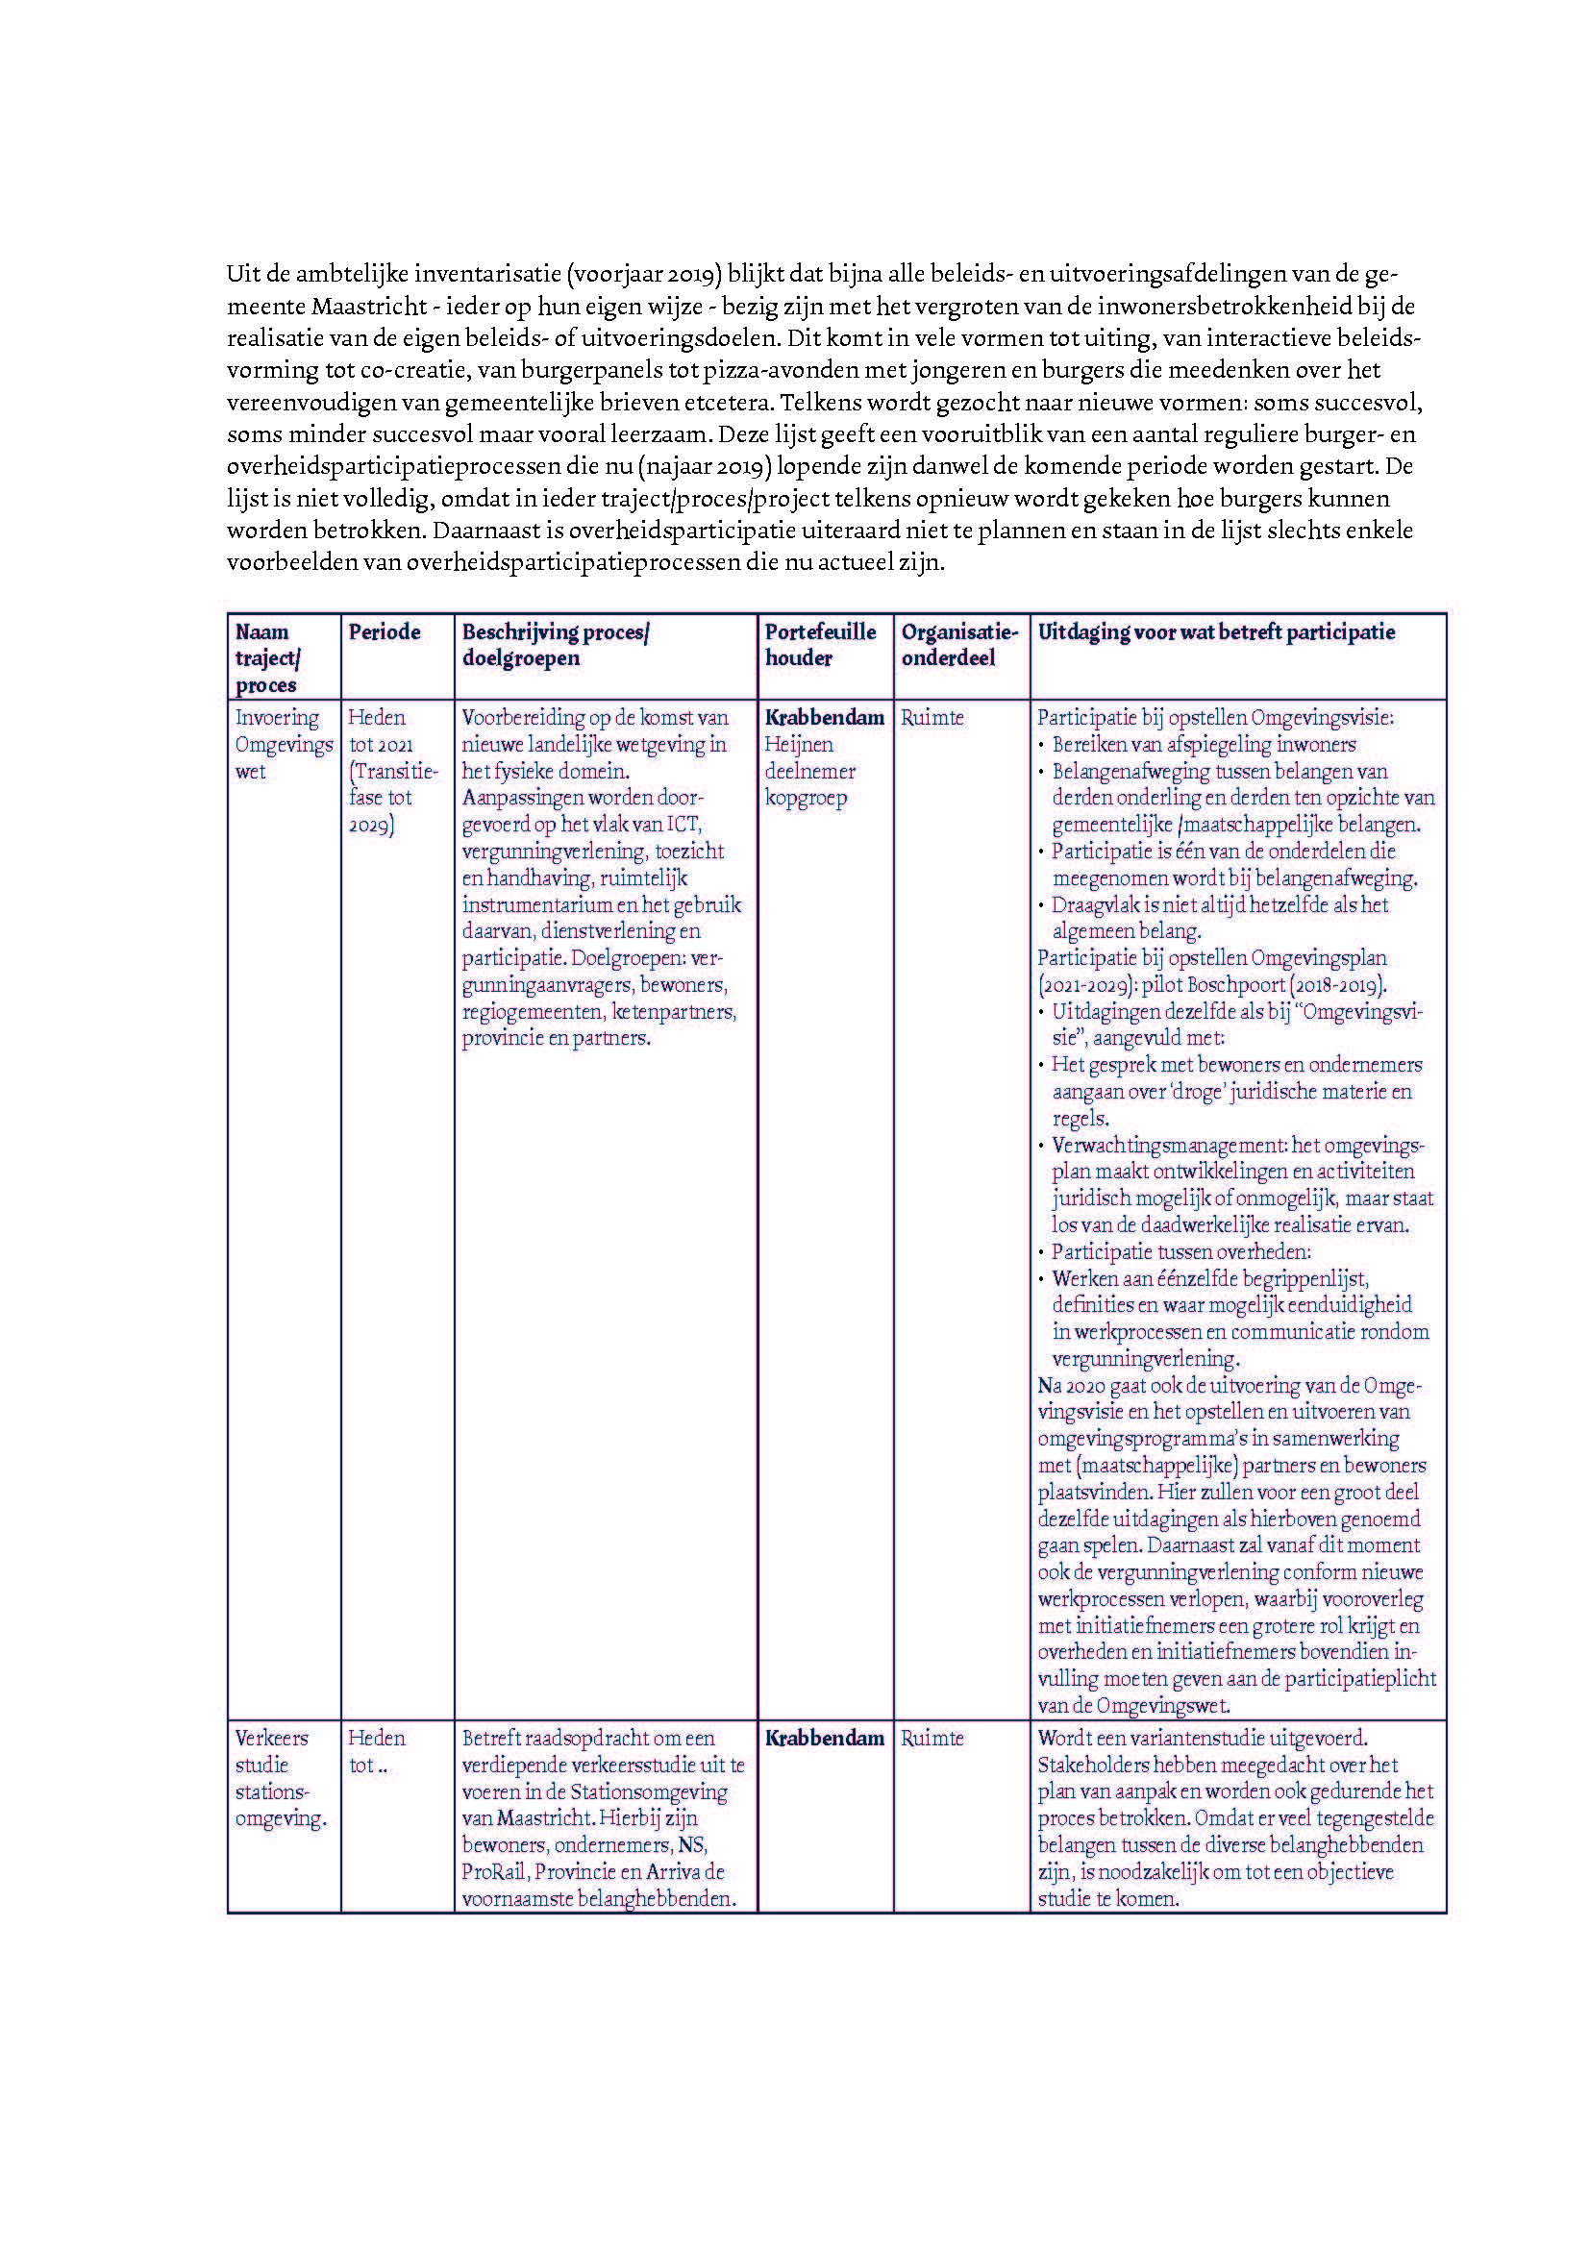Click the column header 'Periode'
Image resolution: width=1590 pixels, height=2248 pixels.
[x=384, y=632]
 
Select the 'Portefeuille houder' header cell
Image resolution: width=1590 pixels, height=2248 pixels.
[x=820, y=644]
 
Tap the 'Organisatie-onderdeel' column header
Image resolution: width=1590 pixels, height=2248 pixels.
[x=959, y=644]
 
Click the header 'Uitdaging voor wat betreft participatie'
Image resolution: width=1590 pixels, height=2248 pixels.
[x=1216, y=632]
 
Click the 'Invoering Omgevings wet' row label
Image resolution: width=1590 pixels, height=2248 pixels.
[x=284, y=744]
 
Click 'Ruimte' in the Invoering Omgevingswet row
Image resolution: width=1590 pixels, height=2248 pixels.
[x=932, y=718]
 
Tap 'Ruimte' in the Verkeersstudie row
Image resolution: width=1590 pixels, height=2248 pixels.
[x=932, y=1738]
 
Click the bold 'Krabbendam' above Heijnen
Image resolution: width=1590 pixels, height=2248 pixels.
[x=825, y=718]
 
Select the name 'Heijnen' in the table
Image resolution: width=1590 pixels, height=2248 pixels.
[x=799, y=744]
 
